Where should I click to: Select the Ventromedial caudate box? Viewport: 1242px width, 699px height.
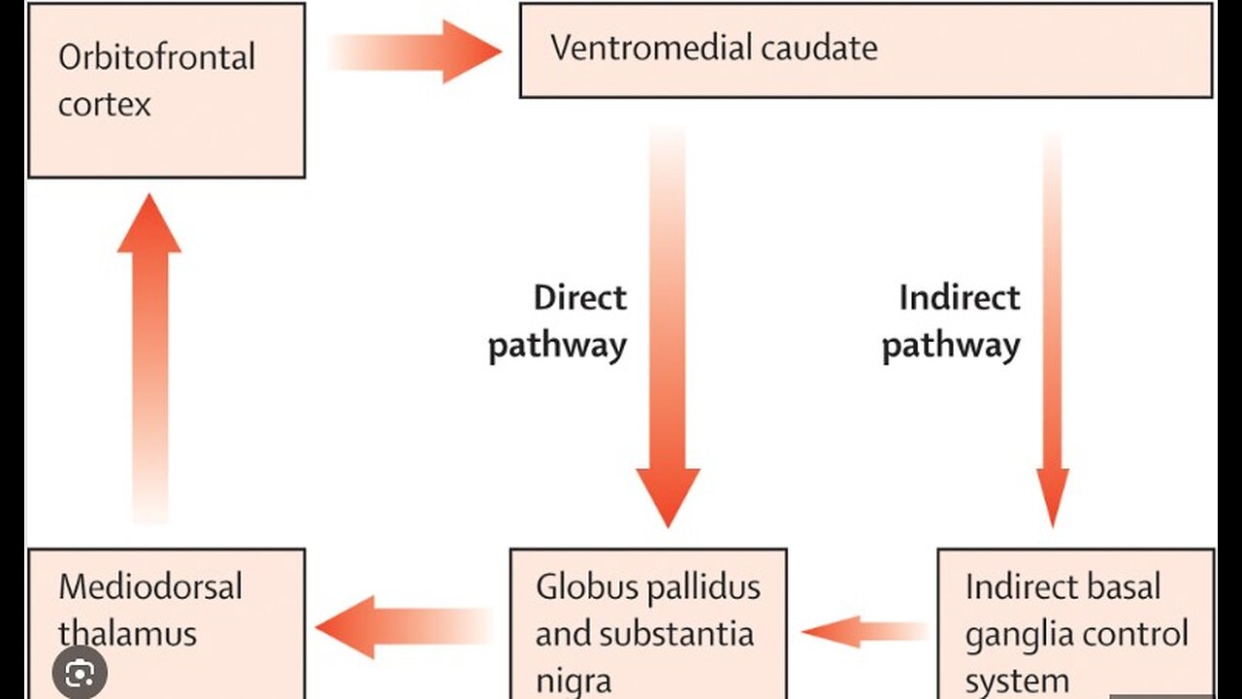866,50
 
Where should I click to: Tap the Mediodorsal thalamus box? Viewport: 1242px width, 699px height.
166,621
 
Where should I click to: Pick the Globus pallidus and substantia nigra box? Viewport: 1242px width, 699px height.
648,621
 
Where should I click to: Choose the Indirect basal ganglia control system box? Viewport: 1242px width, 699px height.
1075,621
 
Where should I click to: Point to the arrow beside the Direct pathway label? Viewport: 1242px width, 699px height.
668,330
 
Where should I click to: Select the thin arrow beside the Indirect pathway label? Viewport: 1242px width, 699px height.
1053,330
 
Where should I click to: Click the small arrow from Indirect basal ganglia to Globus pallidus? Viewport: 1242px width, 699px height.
863,631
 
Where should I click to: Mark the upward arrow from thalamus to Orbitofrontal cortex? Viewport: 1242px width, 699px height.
149,359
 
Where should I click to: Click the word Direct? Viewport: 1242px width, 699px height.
580,297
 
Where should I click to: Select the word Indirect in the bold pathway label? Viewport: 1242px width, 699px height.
959,297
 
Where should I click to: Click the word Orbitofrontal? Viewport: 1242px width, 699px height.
156,57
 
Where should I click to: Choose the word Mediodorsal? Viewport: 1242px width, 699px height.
150,587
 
